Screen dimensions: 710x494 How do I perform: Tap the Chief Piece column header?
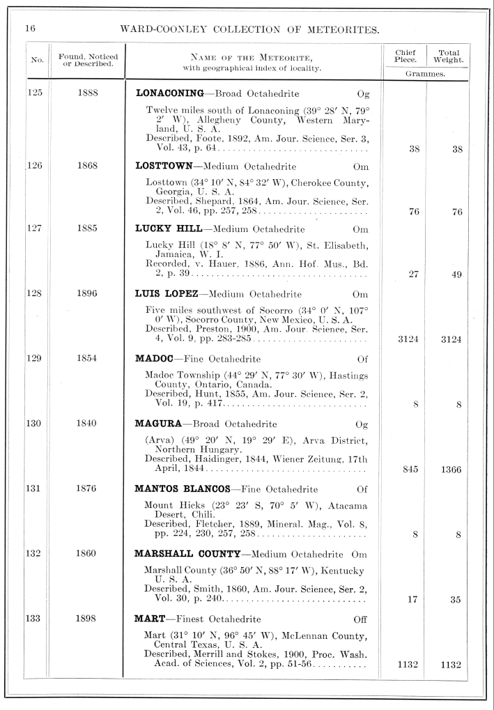point(405,56)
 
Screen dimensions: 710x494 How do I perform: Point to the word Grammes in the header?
point(426,72)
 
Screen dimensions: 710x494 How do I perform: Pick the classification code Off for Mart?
point(360,619)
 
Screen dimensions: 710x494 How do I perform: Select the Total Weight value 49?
point(456,275)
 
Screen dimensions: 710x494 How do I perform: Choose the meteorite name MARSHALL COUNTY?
point(187,554)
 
